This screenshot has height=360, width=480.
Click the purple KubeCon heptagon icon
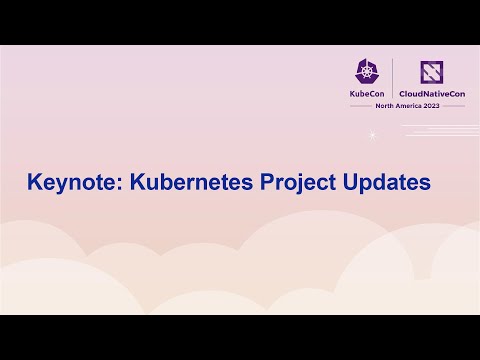coord(366,70)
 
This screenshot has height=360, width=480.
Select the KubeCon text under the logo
coord(366,93)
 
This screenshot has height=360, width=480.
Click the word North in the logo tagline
coord(385,105)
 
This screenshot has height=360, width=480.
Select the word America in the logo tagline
coord(408,105)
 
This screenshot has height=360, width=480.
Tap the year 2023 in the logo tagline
coord(431,105)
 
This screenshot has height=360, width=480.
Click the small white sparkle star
coord(373,136)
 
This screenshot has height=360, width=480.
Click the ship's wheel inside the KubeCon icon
coord(366,71)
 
